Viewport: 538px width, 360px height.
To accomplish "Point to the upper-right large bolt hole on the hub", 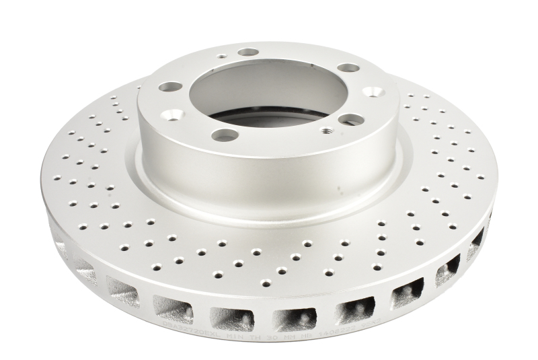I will tap(348, 67).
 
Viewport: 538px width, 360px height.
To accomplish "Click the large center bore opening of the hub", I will tap(269, 94).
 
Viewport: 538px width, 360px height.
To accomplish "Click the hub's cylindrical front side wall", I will tap(269, 168).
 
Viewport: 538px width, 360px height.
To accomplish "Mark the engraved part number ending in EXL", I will tap(190, 331).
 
